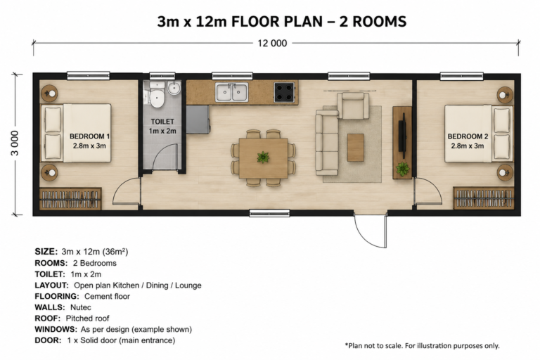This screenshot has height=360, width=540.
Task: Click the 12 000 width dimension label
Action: click(x=272, y=44)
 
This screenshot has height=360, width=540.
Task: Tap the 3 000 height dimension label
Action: click(x=15, y=143)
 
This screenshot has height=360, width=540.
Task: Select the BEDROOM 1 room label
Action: click(x=89, y=141)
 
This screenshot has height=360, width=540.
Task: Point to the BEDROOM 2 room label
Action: click(x=468, y=141)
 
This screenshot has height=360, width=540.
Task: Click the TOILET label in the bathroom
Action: click(x=162, y=122)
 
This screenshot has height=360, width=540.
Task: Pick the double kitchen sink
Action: click(x=232, y=92)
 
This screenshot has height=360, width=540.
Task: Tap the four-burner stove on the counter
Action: click(x=285, y=92)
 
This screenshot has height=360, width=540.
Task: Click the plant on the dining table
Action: click(x=263, y=157)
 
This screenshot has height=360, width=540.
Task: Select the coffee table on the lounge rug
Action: click(x=355, y=148)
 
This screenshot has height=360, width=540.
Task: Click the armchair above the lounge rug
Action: click(x=353, y=105)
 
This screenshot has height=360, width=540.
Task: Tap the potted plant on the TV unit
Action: click(x=402, y=169)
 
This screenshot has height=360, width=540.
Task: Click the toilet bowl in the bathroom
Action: click(x=157, y=98)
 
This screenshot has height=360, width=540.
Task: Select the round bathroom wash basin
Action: click(x=174, y=88)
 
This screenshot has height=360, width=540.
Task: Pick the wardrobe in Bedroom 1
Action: click(x=70, y=199)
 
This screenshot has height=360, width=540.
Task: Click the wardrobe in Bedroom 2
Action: click(x=484, y=198)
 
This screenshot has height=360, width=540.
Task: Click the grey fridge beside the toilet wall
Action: click(x=198, y=120)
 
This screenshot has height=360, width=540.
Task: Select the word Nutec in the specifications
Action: click(x=81, y=307)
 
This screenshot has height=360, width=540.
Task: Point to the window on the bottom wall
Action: click(x=269, y=213)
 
